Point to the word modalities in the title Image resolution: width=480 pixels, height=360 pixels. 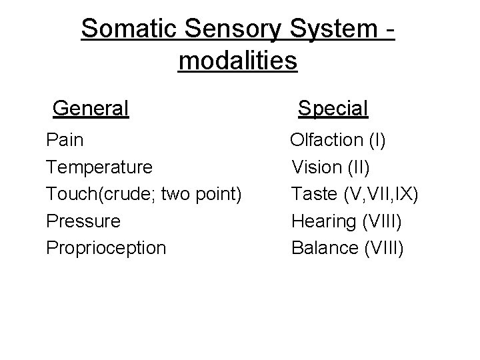[x=238, y=61]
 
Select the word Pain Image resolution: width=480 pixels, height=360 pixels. [x=65, y=140]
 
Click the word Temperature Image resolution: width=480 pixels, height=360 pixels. [x=99, y=167]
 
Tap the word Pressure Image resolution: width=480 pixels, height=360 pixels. [x=83, y=221]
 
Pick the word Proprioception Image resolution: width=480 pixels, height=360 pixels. [x=106, y=248]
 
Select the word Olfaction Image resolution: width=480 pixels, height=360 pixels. [x=325, y=140]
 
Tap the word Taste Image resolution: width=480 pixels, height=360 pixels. [x=314, y=193]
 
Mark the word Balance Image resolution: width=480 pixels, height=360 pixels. [x=325, y=248]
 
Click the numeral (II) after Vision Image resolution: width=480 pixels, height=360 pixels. [x=359, y=167]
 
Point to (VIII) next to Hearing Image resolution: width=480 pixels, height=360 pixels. [x=384, y=221]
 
